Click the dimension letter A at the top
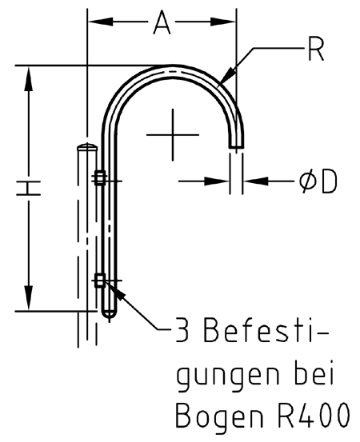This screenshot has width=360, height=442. coord(162,22)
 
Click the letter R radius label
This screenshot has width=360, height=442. coord(315,49)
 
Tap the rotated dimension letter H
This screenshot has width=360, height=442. coord(28,189)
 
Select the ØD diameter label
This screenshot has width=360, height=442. coord(318,181)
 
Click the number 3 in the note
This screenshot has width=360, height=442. coord(182,329)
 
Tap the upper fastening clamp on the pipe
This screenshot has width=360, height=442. coord(100,177)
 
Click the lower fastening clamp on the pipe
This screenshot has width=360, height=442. coord(100,281)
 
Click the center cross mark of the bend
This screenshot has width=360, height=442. coord(173,135)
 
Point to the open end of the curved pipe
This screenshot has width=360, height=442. coord(237,146)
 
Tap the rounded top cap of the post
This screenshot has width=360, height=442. coord(87,146)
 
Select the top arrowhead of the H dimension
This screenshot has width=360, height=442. coord(28,78)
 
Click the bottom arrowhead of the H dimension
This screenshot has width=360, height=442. coord(28,298)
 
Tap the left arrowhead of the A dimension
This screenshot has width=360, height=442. coord(101,22)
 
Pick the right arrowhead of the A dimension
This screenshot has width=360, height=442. coord(223,22)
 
